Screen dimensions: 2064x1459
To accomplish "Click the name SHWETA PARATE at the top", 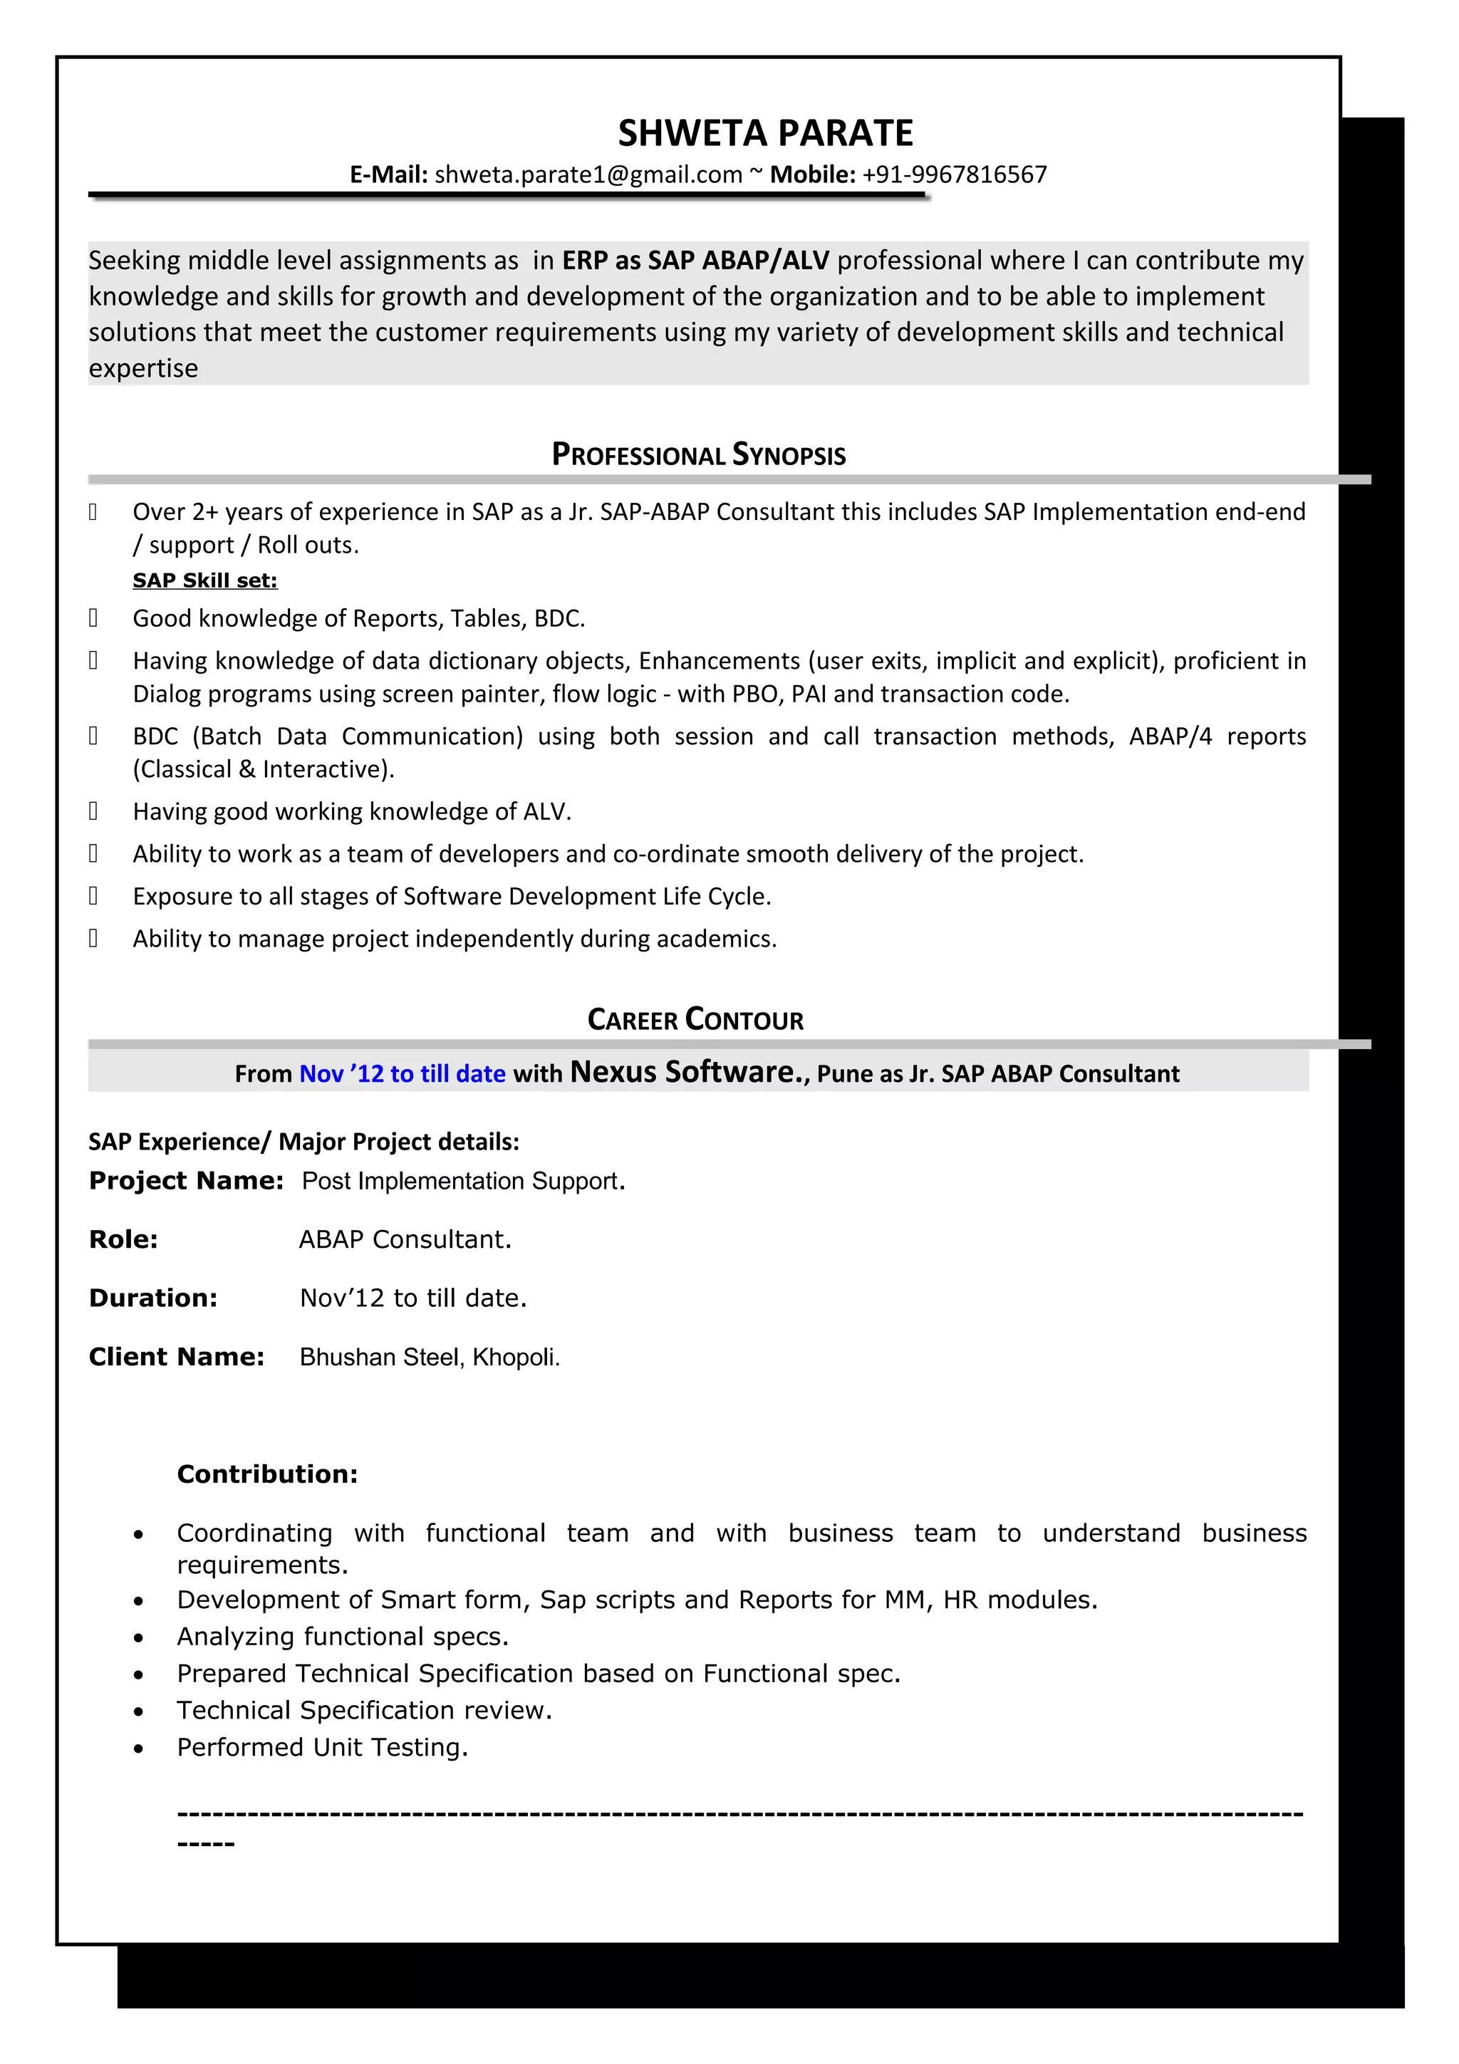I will [x=765, y=133].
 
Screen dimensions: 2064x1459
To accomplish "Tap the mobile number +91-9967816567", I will [x=954, y=174].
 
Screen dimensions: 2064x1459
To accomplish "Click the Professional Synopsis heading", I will [x=698, y=455].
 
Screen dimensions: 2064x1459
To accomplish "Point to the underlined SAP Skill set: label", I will [x=205, y=580].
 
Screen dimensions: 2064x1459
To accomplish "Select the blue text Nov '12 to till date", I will [x=402, y=1073].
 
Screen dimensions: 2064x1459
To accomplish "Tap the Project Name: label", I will [x=186, y=1180].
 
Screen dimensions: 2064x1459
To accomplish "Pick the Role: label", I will [x=123, y=1240].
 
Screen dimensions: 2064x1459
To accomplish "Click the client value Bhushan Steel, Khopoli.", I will [x=429, y=1357].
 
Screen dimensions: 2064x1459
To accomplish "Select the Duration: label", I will [x=153, y=1298].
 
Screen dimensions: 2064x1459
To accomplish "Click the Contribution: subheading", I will [x=267, y=1474].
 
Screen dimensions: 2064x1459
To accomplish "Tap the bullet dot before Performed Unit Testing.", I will [x=137, y=1749].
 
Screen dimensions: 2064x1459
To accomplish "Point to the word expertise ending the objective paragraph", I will [x=143, y=369].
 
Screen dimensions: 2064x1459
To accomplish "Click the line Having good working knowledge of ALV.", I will [x=351, y=812].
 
